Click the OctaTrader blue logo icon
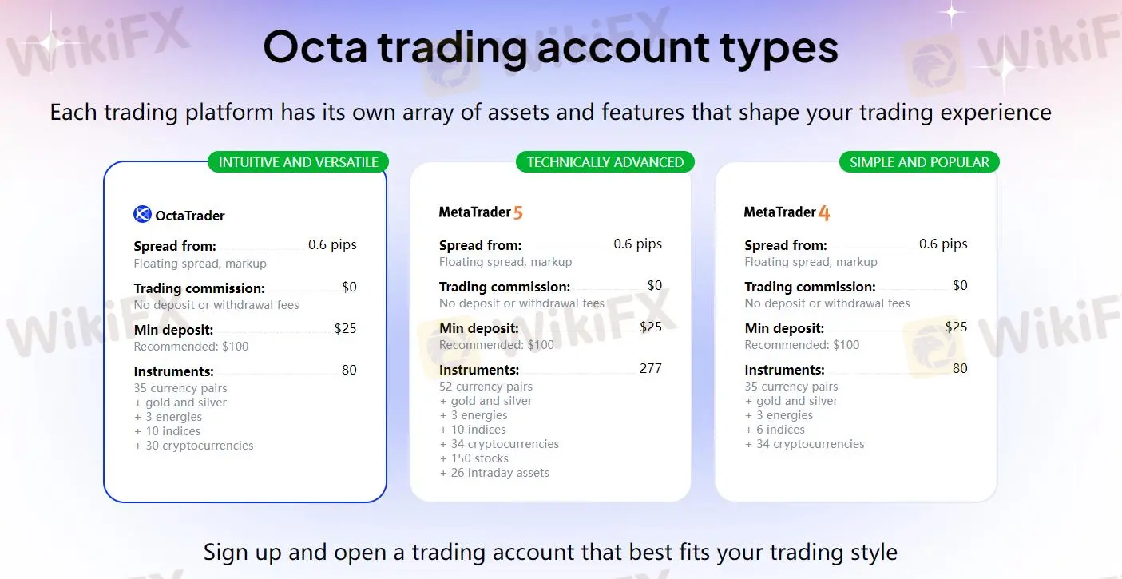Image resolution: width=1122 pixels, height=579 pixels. (x=142, y=214)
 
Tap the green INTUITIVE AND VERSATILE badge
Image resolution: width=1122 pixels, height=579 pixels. (x=298, y=162)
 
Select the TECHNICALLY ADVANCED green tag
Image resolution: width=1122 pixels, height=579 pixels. (x=605, y=162)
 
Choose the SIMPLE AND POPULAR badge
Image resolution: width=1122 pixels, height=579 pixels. (x=919, y=162)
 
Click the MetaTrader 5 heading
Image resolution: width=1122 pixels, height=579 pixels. (x=481, y=212)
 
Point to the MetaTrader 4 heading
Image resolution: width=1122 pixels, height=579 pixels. (x=787, y=212)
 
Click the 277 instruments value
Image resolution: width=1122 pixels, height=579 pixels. (x=650, y=368)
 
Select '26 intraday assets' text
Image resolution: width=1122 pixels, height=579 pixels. (x=500, y=473)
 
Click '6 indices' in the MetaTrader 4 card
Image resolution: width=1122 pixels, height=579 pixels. (x=780, y=430)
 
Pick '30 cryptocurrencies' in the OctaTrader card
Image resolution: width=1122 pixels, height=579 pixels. (x=199, y=446)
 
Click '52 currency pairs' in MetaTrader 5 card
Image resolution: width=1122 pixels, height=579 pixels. (x=486, y=387)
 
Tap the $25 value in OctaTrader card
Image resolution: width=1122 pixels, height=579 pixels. (x=345, y=328)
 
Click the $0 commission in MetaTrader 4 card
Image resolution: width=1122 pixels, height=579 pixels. (x=960, y=285)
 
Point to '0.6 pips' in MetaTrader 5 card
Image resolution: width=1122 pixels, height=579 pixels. (x=637, y=244)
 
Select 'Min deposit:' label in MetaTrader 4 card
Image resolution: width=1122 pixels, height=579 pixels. (x=784, y=328)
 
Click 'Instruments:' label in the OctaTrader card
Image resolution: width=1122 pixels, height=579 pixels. (x=173, y=371)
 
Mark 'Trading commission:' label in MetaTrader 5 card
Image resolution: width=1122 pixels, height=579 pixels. (x=505, y=287)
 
